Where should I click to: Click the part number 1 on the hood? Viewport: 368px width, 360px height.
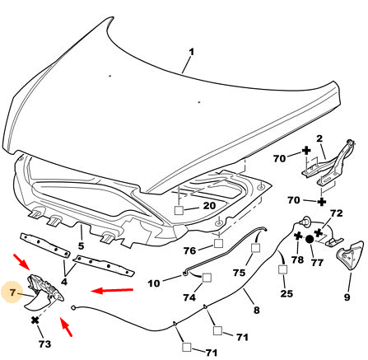click(191, 52)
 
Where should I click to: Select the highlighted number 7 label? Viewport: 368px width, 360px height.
click(12, 292)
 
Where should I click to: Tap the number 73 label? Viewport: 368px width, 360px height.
click(44, 344)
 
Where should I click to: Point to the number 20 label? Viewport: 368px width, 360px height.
click(209, 205)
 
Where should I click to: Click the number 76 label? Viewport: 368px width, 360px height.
click(190, 250)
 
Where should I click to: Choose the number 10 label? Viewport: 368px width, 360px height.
click(154, 283)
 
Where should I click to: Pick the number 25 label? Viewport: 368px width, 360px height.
click(286, 293)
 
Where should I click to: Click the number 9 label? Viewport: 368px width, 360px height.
click(347, 297)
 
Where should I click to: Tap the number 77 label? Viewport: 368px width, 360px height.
click(317, 262)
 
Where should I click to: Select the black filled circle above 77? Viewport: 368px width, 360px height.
click(310, 240)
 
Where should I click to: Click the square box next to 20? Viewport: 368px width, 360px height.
click(179, 210)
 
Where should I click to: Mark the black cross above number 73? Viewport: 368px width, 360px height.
click(35, 320)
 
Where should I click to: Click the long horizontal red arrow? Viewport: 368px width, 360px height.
click(112, 290)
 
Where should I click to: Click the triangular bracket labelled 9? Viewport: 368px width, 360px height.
click(350, 255)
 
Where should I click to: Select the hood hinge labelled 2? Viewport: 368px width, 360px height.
click(328, 164)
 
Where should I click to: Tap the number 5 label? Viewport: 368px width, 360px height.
click(81, 245)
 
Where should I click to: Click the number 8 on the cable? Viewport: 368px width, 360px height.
click(256, 310)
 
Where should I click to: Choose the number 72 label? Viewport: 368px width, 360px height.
click(336, 213)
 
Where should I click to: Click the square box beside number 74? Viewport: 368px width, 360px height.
click(207, 278)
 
